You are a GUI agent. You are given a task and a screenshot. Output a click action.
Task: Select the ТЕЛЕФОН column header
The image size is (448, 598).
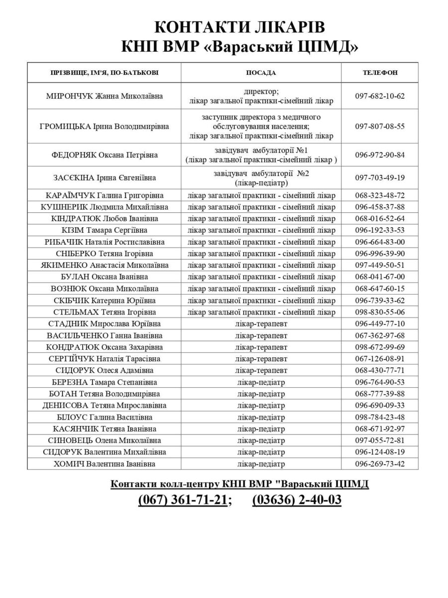(380, 72)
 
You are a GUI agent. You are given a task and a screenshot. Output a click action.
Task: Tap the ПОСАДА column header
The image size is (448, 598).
(261, 72)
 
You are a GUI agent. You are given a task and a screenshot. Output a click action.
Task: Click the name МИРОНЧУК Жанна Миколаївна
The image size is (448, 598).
(104, 96)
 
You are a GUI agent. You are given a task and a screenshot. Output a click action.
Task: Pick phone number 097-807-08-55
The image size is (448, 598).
(380, 126)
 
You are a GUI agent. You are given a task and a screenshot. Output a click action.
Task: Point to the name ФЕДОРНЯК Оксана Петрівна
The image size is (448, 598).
(104, 155)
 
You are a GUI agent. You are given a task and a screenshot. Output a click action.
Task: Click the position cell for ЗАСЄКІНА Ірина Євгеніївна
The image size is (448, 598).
(261, 178)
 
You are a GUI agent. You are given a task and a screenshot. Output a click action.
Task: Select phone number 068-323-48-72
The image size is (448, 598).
(380, 195)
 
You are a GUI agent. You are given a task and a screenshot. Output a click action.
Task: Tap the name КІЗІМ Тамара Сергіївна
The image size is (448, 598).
(104, 230)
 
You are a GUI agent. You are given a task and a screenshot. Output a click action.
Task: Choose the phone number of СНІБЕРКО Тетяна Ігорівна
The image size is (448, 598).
(380, 253)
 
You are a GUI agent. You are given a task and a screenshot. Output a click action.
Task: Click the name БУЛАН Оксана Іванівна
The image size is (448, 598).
(104, 277)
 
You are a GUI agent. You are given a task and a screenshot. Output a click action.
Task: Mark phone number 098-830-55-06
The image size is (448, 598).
(380, 312)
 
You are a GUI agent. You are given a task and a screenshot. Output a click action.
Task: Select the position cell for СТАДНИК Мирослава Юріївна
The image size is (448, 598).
(261, 323)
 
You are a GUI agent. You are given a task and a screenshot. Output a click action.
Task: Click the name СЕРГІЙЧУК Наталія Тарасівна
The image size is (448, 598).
(104, 358)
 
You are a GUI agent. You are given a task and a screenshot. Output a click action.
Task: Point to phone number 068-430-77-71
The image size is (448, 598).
(380, 370)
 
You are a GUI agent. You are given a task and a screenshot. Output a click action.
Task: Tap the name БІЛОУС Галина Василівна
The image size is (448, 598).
(104, 417)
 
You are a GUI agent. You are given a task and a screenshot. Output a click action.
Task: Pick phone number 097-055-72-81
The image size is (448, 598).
(380, 441)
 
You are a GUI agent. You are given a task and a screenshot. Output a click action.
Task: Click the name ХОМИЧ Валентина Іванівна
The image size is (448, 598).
(104, 464)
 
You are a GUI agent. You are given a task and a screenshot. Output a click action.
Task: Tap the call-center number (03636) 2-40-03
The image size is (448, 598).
(297, 500)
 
